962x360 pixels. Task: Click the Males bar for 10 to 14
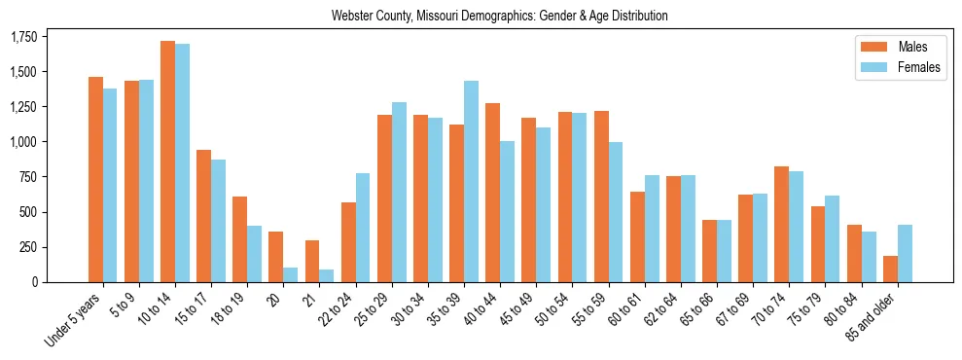167,162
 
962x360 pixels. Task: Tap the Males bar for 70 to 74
781,225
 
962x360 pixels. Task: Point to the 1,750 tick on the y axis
23,37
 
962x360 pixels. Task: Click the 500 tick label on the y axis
27,212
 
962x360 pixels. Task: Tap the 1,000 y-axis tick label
23,142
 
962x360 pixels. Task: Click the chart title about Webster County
499,16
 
